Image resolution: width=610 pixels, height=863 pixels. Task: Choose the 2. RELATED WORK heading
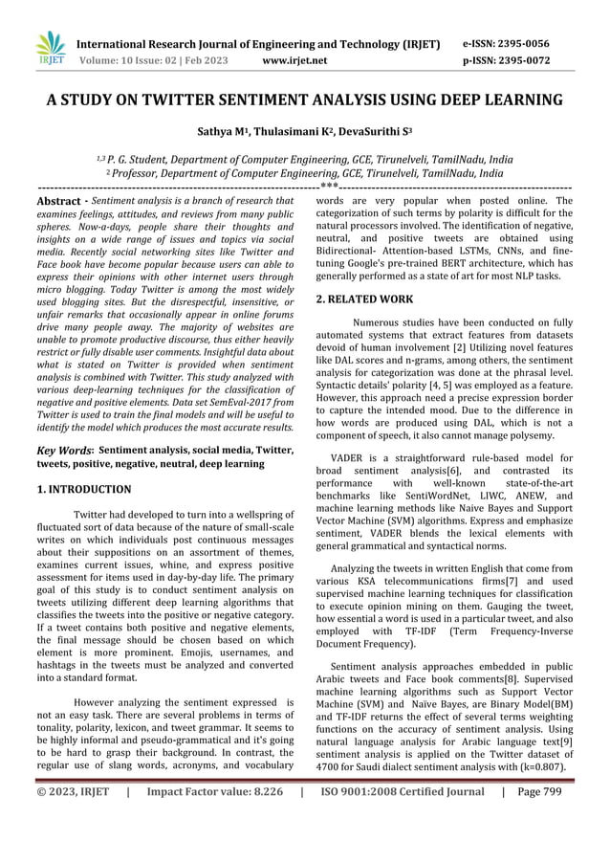click(364, 299)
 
